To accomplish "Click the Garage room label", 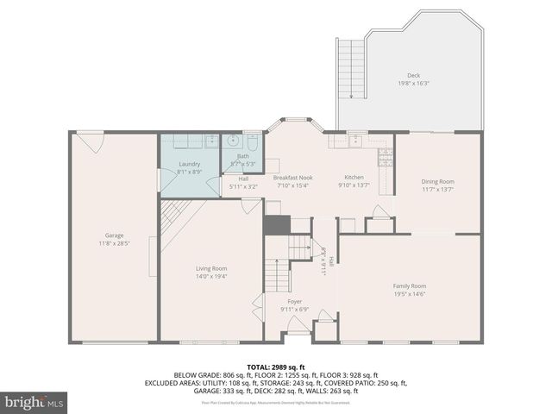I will (x=114, y=235).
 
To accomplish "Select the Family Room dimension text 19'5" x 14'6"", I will (x=410, y=294).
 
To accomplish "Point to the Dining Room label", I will (x=437, y=181).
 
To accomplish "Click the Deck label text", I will (x=413, y=75).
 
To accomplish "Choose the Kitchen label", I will (x=354, y=177).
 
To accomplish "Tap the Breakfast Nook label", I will (x=292, y=177).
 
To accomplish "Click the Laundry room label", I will (x=189, y=164).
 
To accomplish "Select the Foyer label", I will (x=294, y=301).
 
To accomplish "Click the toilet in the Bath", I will (x=253, y=142).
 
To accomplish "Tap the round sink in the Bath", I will (x=234, y=142).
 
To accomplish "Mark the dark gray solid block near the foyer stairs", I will (x=276, y=224).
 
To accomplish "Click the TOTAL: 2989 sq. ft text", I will (x=275, y=367).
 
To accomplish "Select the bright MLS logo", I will (x=34, y=402).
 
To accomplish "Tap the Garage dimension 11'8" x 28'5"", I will (x=114, y=243).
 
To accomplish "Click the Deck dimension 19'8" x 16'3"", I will (x=413, y=84).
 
